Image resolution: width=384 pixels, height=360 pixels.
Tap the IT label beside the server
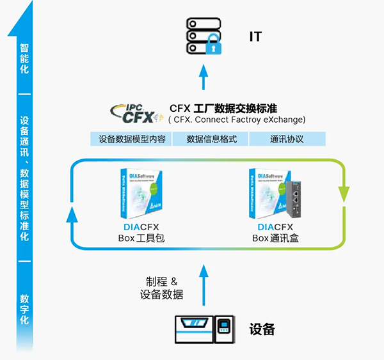click(x=255, y=36)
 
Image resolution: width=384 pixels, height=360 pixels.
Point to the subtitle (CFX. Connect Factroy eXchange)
click(x=237, y=120)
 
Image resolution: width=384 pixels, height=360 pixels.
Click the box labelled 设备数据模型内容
click(x=132, y=139)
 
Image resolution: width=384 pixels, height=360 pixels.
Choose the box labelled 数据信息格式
click(x=211, y=139)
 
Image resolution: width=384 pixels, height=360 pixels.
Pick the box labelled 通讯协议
click(x=287, y=139)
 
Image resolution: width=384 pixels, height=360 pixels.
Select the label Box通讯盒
click(x=275, y=239)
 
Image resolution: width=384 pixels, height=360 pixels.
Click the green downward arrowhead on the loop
click(x=344, y=192)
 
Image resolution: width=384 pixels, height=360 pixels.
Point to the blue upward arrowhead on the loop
click(x=72, y=216)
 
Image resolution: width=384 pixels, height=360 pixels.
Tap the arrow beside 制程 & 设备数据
click(x=204, y=282)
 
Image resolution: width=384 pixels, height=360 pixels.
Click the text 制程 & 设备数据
click(x=162, y=288)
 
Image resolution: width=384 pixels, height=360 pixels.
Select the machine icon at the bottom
click(x=204, y=330)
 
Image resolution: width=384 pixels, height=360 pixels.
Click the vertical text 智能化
click(x=24, y=58)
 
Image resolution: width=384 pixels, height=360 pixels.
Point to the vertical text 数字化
click(x=24, y=309)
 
